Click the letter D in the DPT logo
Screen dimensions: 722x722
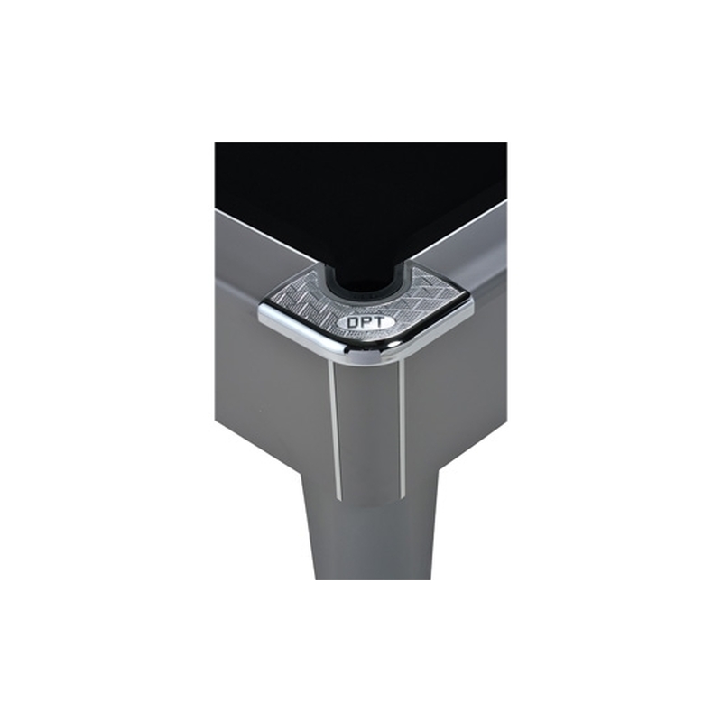353,323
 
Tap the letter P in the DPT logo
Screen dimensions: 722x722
365,322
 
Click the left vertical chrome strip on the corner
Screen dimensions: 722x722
335,430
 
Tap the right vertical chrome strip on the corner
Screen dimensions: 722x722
402,427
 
